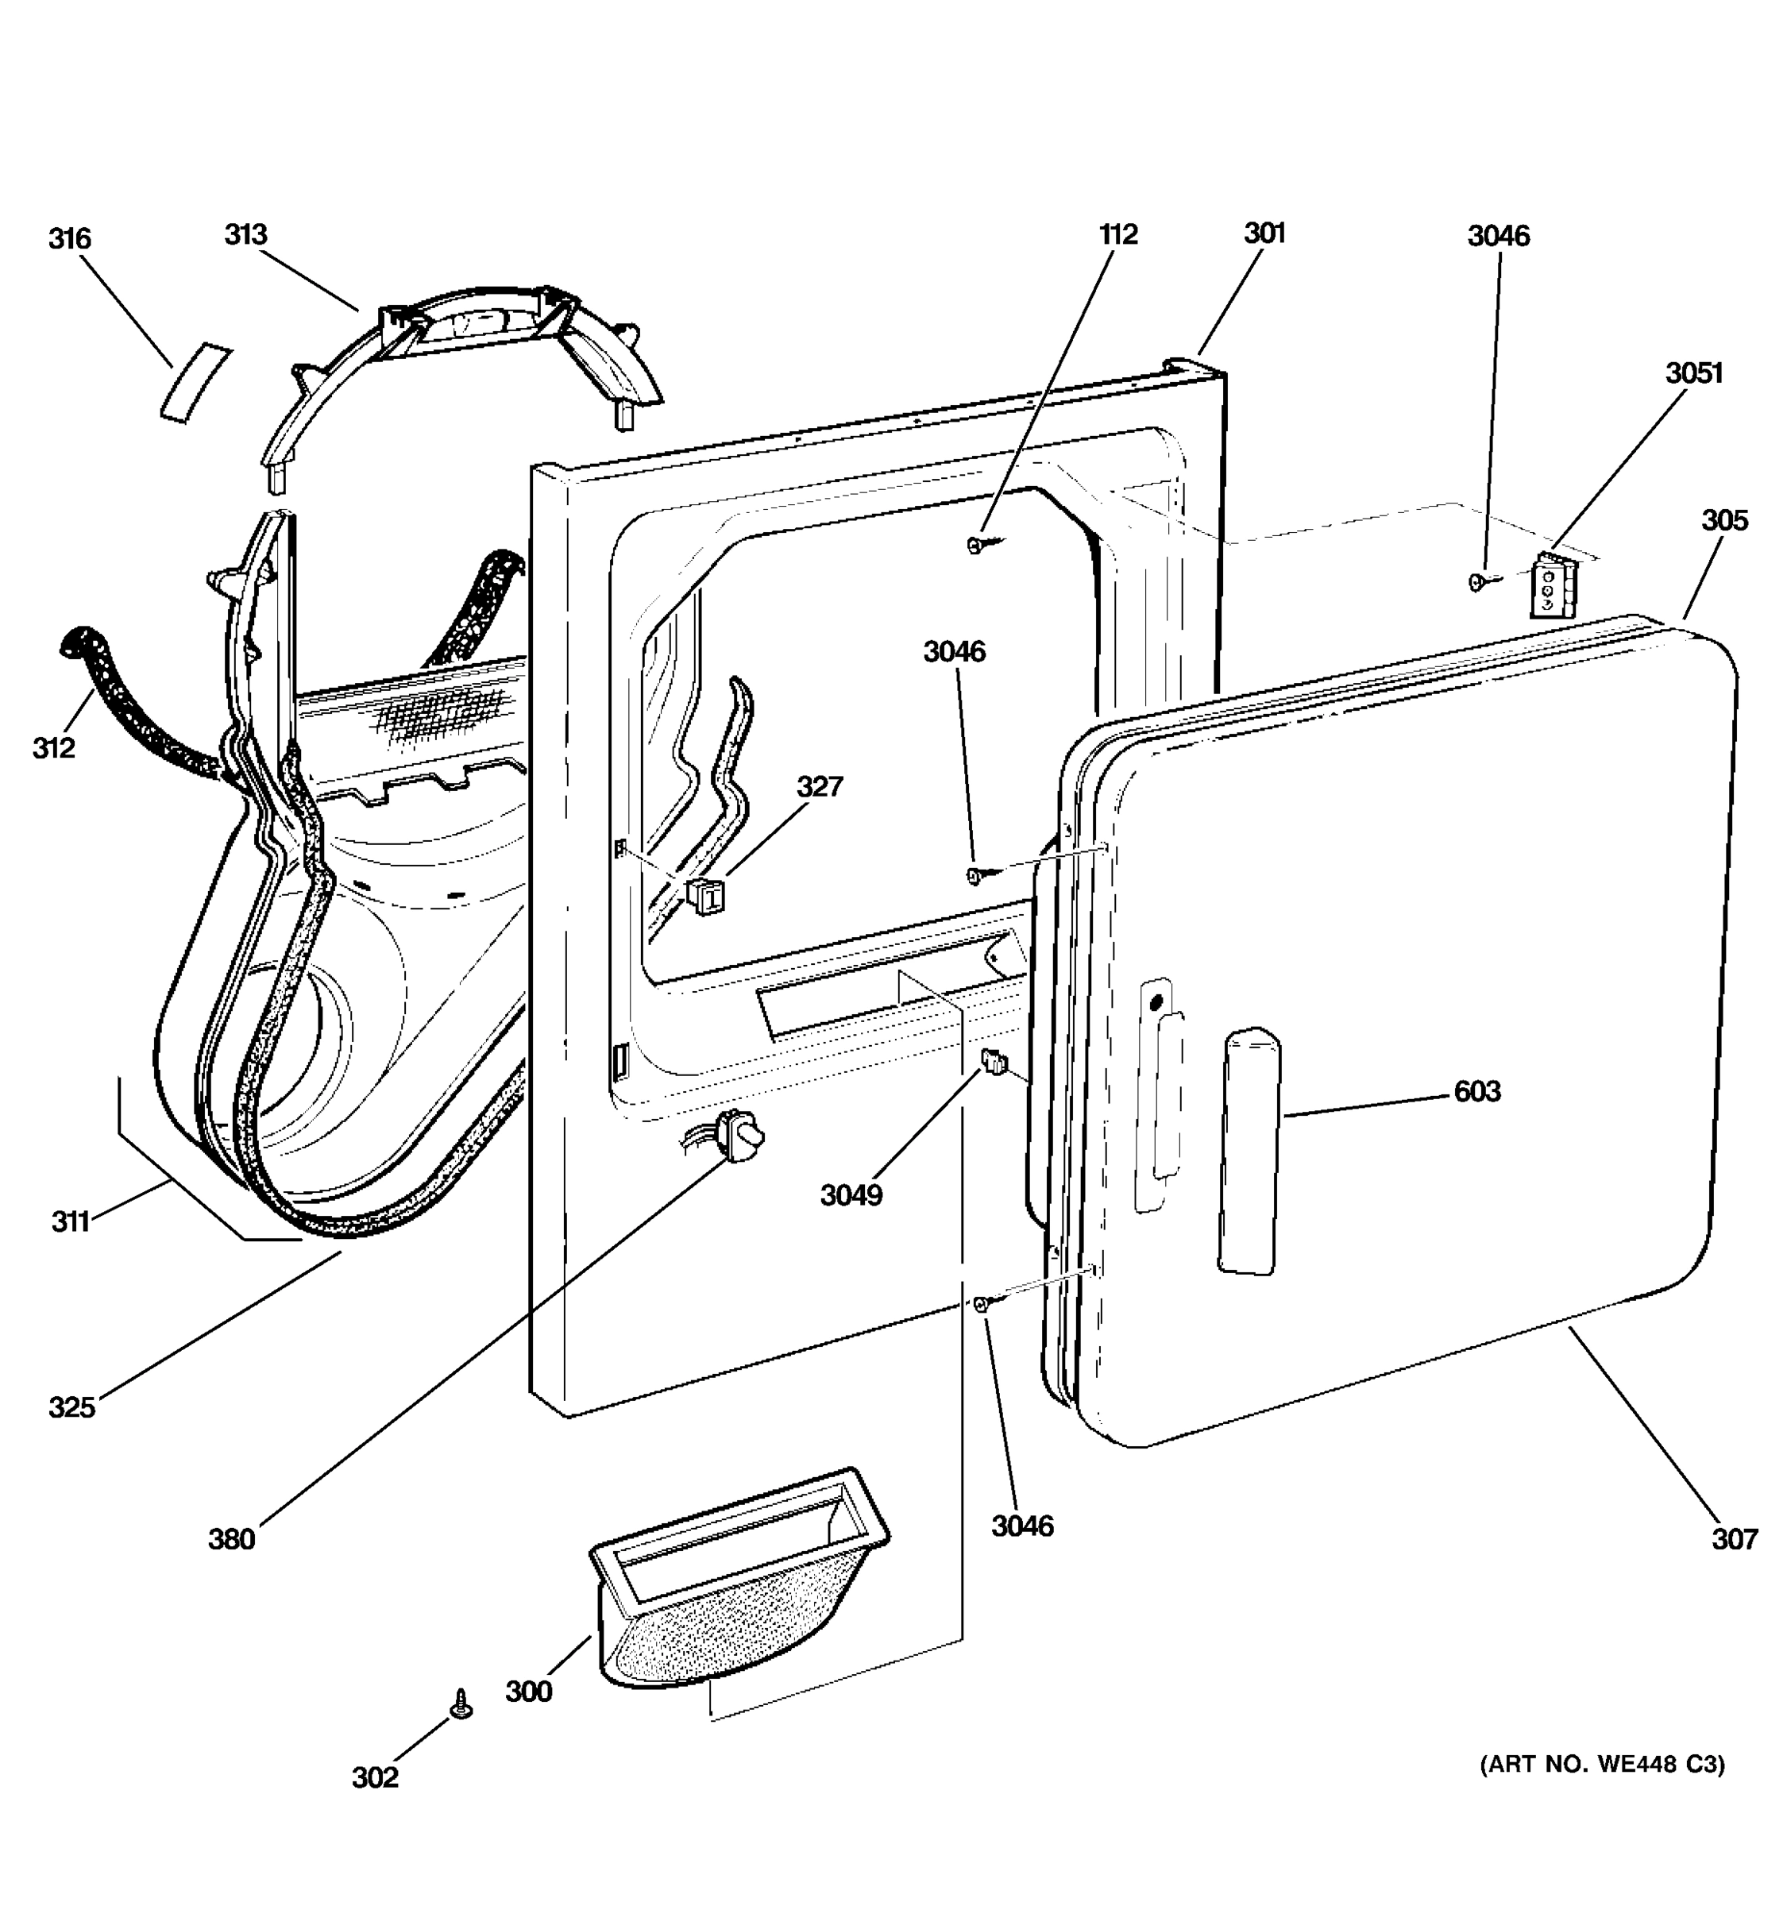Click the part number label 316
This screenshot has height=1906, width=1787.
tap(69, 239)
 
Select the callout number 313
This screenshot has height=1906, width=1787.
tap(245, 235)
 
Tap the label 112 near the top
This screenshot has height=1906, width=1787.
tap(1117, 235)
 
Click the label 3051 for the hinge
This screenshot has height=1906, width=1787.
tap(1694, 373)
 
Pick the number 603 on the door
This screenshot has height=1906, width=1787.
tap(1476, 1091)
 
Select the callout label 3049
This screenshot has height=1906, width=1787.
tap(851, 1195)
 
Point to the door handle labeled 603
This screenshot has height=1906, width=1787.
tap(1249, 1151)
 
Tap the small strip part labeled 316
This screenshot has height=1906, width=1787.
tap(195, 381)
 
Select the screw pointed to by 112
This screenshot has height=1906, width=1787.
tap(976, 546)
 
